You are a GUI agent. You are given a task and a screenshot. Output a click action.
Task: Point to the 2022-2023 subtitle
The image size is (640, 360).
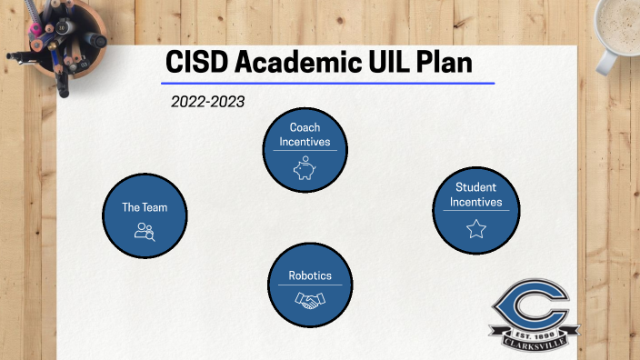[207, 102]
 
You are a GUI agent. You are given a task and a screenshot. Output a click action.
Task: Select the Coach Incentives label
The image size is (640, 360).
[305, 135]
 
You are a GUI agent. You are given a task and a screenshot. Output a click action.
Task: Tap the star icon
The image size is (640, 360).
[475, 229]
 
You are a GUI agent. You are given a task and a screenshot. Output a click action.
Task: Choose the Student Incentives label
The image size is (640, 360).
[475, 195]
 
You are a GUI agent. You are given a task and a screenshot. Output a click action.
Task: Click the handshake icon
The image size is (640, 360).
[310, 299]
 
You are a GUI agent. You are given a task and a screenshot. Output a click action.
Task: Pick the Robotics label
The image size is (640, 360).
[310, 275]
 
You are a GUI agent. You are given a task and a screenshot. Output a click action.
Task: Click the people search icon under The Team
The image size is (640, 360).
[145, 231]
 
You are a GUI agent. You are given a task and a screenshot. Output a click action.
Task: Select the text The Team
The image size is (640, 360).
[145, 207]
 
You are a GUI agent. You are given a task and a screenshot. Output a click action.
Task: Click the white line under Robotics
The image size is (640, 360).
[310, 285]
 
